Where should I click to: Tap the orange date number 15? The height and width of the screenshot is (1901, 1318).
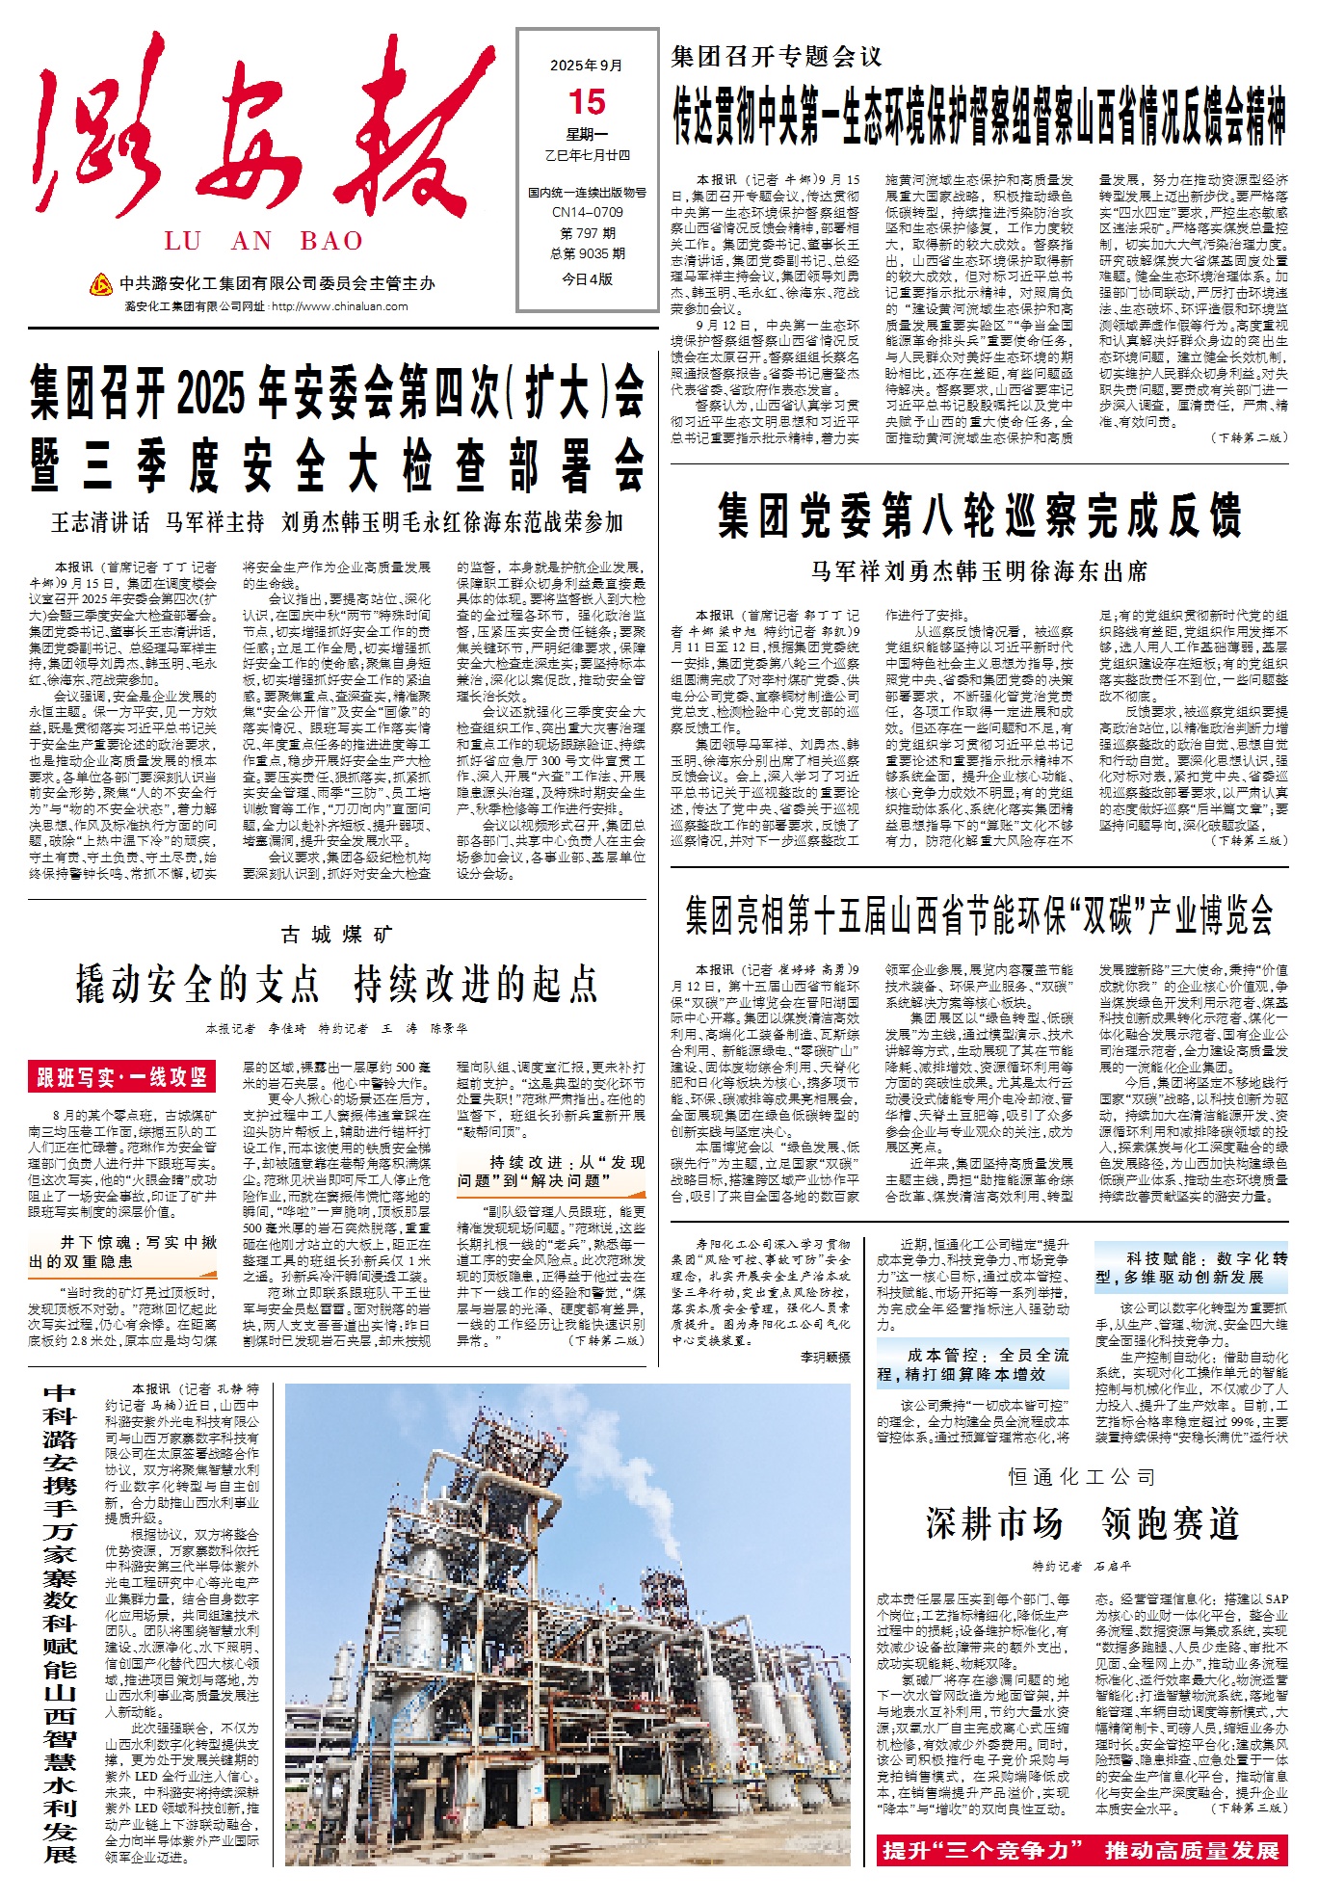click(587, 102)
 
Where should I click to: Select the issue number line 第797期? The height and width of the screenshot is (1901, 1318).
click(587, 233)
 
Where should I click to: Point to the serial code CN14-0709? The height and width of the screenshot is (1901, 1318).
click(587, 212)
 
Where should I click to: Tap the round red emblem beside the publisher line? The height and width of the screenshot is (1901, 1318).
click(100, 284)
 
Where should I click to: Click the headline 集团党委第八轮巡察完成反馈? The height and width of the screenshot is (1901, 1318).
click(979, 515)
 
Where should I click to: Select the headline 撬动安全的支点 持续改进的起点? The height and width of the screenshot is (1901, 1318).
click(337, 984)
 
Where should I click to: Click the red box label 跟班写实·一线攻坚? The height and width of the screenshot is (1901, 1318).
click(122, 1076)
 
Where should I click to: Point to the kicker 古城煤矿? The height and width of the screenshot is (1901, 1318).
click(337, 934)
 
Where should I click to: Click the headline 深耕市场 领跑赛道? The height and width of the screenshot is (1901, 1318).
click(1082, 1523)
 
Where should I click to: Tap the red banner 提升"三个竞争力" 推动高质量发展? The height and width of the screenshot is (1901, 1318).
click(1081, 1850)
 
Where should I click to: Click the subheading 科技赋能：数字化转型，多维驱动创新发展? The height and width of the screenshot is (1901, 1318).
click(1191, 1267)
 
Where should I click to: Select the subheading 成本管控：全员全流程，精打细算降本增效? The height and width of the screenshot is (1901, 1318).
click(973, 1363)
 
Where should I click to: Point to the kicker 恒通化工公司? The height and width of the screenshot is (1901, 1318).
click(1082, 1476)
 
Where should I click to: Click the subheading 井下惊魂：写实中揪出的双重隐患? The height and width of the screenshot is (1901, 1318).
click(123, 1252)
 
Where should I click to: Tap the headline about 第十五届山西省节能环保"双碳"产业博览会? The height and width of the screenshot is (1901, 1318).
click(979, 914)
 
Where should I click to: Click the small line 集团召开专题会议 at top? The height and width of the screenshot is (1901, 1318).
click(777, 57)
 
